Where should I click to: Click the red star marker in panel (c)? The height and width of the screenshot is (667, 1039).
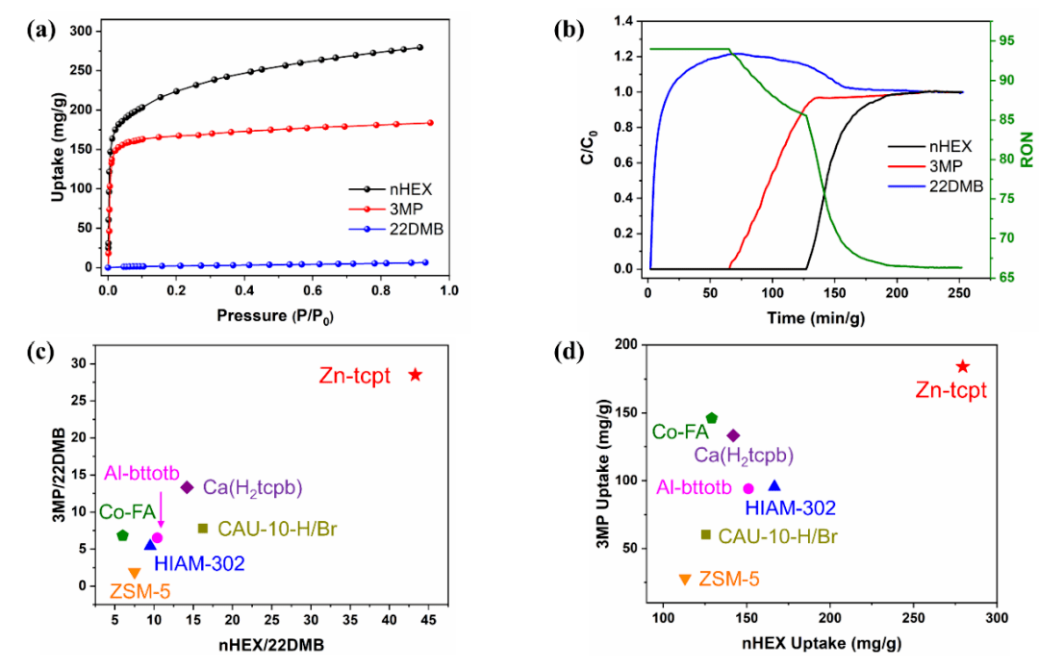coord(416,375)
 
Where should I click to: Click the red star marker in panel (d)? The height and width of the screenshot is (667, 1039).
coord(962,366)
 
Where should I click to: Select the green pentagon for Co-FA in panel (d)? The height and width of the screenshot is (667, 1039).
coord(712,418)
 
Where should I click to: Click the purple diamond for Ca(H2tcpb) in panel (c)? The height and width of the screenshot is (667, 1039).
coord(187,487)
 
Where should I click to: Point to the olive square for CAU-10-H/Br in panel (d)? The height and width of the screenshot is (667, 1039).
coord(706,534)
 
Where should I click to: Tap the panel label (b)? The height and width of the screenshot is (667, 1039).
coord(570,29)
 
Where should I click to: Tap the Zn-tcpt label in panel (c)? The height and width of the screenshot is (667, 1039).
coord(355,376)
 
